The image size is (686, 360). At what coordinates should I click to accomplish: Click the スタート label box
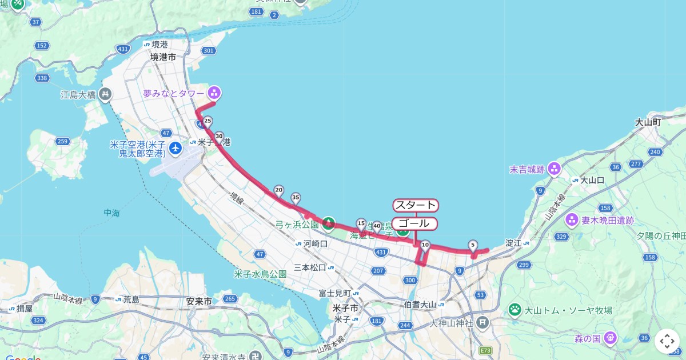416,205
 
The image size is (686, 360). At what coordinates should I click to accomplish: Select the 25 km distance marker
208,121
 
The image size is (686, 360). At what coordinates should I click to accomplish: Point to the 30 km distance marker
219,137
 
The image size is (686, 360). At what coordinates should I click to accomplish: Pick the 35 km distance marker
296,198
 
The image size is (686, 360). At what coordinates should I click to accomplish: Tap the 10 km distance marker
425,245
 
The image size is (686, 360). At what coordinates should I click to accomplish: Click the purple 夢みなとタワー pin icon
214,92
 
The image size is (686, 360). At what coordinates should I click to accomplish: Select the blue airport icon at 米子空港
176,149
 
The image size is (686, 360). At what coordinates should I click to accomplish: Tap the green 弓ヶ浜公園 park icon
328,223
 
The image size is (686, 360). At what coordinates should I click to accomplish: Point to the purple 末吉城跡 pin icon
553,169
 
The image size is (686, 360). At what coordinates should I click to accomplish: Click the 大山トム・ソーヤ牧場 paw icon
515,310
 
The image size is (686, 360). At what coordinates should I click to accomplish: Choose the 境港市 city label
163,57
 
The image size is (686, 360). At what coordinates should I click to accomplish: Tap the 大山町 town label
648,122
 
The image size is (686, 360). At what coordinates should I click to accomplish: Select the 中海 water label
112,213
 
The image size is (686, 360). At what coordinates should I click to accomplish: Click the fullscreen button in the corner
667,341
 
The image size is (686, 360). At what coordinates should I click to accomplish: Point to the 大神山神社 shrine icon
483,323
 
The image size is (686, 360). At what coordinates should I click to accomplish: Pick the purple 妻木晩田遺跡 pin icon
572,220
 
